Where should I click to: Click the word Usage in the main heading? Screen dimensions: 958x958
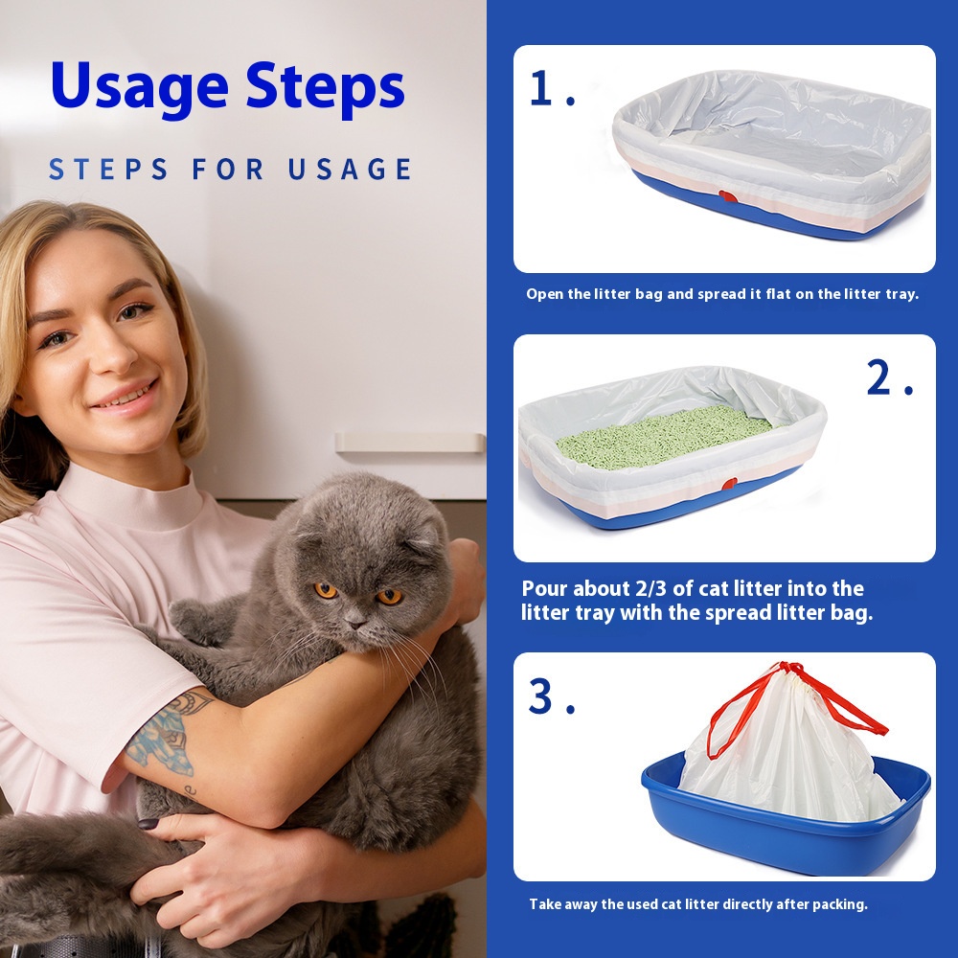140,88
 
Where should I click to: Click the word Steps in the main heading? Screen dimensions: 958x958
326,87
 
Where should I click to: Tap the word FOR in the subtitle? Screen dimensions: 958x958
227,170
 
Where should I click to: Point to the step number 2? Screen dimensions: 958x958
890,376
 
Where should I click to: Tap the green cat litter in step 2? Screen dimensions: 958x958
663,437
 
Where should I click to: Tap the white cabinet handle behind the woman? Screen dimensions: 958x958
409,443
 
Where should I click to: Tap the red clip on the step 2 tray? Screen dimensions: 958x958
729,485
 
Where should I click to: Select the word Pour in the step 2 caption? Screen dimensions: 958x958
544,588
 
